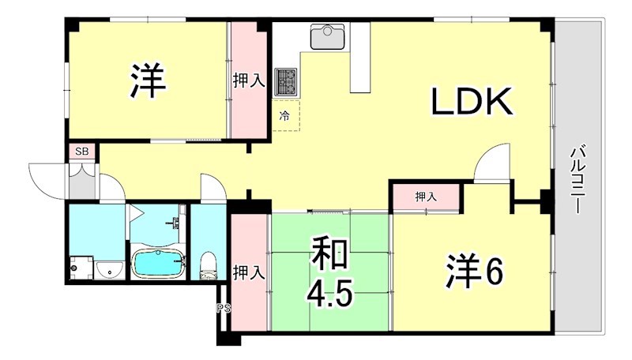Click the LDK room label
(472, 102)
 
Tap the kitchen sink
(326, 36)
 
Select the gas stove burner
(284, 80)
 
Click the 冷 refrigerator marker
(286, 116)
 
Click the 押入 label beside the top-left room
(248, 81)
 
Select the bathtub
(158, 263)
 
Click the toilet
(209, 266)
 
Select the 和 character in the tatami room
(330, 257)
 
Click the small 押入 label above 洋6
(425, 197)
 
